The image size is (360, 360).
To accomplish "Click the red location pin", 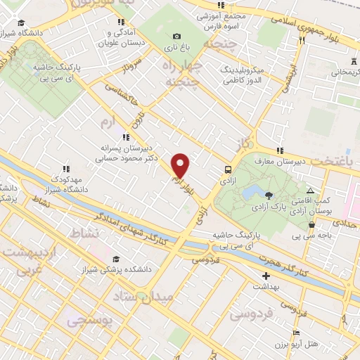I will pos(181,166).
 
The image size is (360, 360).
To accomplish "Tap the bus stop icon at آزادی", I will pos(227,169).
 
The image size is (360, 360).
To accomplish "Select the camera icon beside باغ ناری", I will pos(176,37).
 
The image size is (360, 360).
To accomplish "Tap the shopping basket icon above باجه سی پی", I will pos(311,224).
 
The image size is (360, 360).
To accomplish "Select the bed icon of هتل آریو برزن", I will pos(296,333).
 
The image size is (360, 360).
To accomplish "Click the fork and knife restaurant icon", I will pos(301,41).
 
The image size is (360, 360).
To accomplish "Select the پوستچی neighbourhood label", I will pos(89,321).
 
